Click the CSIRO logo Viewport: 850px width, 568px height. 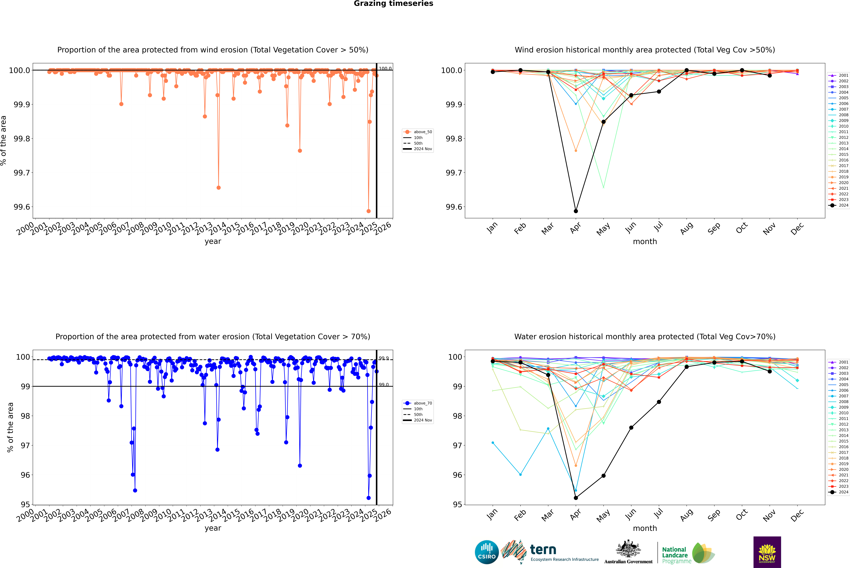pyautogui.click(x=487, y=552)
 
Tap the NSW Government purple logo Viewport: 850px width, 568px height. pyautogui.click(x=767, y=552)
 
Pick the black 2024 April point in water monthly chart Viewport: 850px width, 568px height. pyautogui.click(x=576, y=498)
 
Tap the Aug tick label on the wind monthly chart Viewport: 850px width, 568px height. pyautogui.click(x=687, y=228)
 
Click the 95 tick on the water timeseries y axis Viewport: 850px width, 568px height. pyautogui.click(x=25, y=504)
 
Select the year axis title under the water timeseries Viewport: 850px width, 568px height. pyautogui.click(x=213, y=528)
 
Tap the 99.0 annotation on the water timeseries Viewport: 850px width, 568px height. pyautogui.click(x=384, y=385)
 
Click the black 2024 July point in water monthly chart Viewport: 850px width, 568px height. pyautogui.click(x=659, y=402)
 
